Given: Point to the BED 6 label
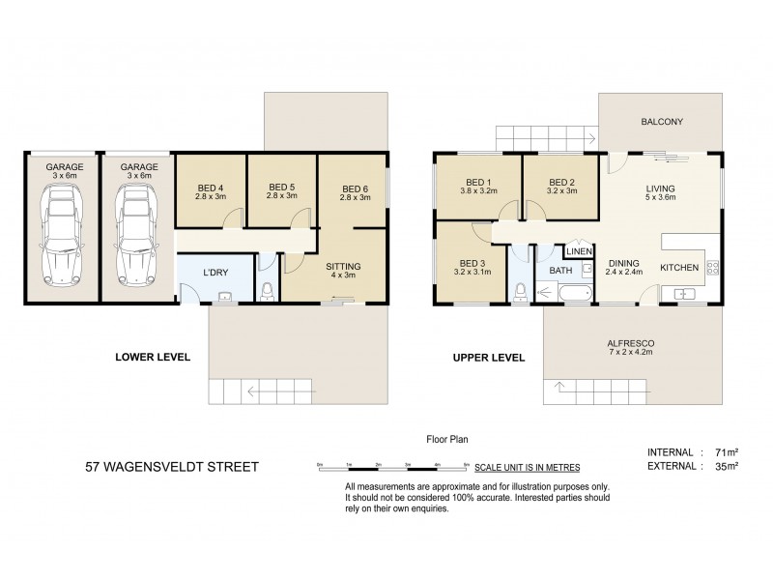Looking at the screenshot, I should (x=355, y=188).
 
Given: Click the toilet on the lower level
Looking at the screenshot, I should (x=267, y=289).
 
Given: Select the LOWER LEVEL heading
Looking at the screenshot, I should (x=153, y=357).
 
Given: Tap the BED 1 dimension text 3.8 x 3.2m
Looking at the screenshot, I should (x=479, y=191).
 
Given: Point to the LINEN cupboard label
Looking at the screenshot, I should (x=578, y=251).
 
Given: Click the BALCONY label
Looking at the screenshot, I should (x=662, y=122).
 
